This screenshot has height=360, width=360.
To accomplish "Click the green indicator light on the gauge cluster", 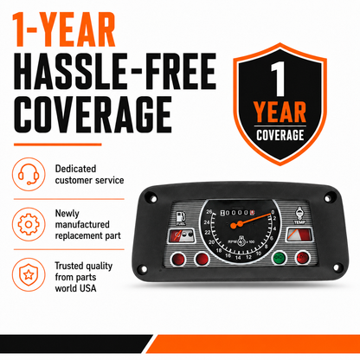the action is (x=280, y=258).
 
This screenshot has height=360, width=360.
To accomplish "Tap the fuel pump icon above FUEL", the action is (x=181, y=216).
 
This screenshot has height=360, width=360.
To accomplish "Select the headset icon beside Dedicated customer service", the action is (x=29, y=174).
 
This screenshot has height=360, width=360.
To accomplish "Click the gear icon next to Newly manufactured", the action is (x=29, y=224).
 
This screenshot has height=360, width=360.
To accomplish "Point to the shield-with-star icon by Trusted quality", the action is (x=29, y=274).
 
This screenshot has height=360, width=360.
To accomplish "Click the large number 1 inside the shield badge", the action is (x=278, y=79).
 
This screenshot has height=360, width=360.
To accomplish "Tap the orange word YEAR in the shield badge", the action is (x=280, y=112).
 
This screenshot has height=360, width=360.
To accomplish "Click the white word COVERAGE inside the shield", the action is (x=280, y=135).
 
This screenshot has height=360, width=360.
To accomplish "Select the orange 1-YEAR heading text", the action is (x=63, y=29).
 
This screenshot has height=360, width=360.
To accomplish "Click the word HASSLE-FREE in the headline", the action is (x=115, y=71).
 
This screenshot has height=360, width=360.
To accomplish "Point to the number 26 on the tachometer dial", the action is (x=209, y=212).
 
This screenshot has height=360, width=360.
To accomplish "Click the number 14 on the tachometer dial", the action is (x=238, y=258).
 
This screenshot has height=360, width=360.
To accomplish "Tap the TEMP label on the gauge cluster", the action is (x=299, y=222).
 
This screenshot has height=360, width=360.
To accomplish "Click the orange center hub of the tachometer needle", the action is (x=234, y=226).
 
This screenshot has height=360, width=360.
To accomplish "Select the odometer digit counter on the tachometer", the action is (x=237, y=213).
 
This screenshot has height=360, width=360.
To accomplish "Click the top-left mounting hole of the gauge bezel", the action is (x=153, y=198).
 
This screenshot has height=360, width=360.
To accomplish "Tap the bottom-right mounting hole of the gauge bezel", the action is (x=336, y=267).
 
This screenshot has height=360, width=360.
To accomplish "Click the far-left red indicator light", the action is (x=178, y=260).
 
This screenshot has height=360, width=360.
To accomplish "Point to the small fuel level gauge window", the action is (x=181, y=235).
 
